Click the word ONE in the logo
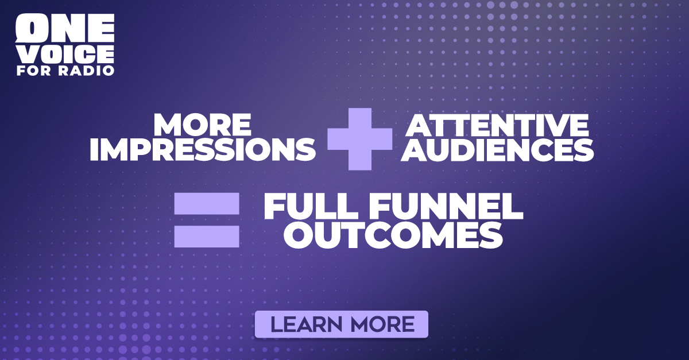(65, 28)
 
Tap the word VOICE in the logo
(65, 55)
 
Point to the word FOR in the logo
(34, 71)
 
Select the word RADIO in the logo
(87, 71)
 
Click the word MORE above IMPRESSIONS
(202, 125)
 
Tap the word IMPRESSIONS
(202, 149)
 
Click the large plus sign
(360, 139)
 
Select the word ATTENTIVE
(497, 125)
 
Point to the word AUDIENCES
(497, 149)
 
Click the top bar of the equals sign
(207, 203)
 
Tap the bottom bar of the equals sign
(207, 237)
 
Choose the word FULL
(311, 206)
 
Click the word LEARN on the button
(307, 324)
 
